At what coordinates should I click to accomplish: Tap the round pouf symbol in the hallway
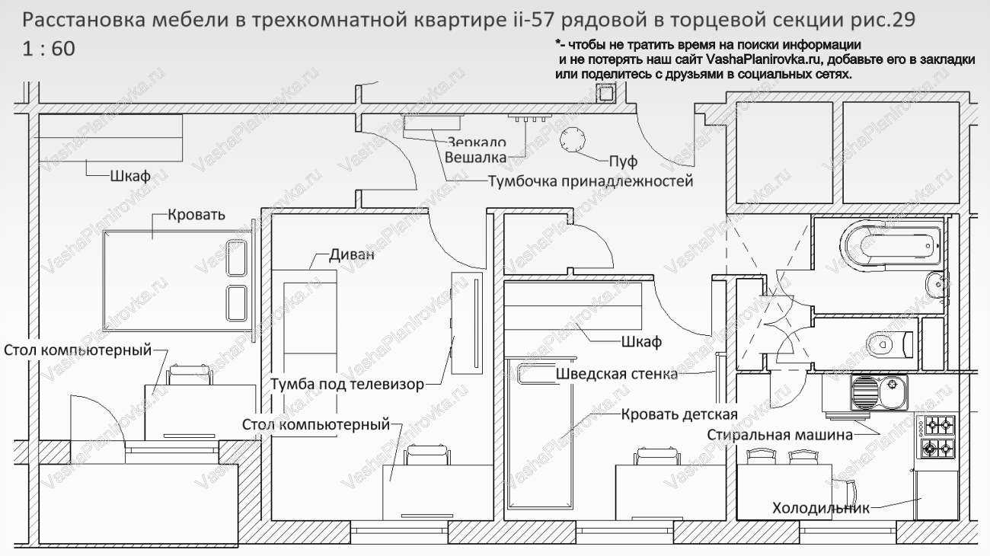(573, 139)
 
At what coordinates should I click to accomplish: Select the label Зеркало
(477, 142)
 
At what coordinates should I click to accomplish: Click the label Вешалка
(475, 158)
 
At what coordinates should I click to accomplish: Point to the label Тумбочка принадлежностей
(590, 181)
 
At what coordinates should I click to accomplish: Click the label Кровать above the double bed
(196, 214)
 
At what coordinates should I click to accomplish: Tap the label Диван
(352, 254)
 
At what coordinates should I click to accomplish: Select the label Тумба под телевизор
(347, 384)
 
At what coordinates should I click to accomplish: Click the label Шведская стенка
(617, 374)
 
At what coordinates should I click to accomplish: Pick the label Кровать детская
(679, 414)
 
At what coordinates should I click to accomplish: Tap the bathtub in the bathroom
(891, 245)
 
